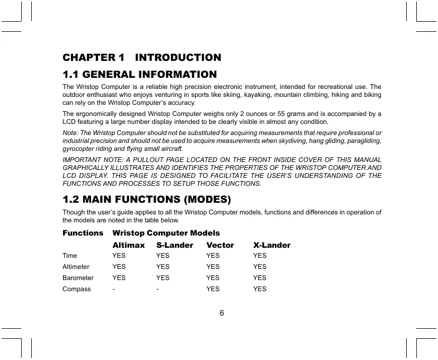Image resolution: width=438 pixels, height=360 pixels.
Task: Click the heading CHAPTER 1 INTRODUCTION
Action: tap(142, 57)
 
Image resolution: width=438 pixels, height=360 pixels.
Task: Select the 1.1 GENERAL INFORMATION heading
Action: tap(139, 75)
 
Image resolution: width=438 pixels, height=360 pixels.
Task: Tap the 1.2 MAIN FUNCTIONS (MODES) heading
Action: tap(147, 200)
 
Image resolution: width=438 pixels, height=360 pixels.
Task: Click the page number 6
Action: tap(222, 312)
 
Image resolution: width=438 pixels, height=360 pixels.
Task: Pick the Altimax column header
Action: tap(128, 245)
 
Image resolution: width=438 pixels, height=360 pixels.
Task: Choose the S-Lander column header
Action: tap(175, 245)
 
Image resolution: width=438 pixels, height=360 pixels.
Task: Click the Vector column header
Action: tap(220, 245)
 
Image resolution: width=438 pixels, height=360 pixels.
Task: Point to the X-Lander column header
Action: tap(272, 245)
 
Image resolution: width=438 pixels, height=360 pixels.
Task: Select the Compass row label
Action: tap(76, 289)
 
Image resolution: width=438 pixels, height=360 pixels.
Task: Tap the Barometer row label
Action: tap(78, 278)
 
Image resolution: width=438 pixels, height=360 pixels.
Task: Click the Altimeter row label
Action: tap(76, 267)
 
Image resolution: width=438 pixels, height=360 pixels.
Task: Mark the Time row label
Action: tap(69, 256)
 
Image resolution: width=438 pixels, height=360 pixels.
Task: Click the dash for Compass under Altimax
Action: tap(113, 289)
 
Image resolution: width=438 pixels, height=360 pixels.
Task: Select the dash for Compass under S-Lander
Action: tap(157, 289)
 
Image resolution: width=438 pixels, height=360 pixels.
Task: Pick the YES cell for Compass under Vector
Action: tap(213, 289)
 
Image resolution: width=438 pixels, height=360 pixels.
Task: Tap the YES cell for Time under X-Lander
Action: tap(260, 256)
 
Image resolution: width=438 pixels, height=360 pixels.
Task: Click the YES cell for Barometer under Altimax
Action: tap(119, 278)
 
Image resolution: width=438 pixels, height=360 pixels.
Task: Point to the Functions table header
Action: tap(83, 233)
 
